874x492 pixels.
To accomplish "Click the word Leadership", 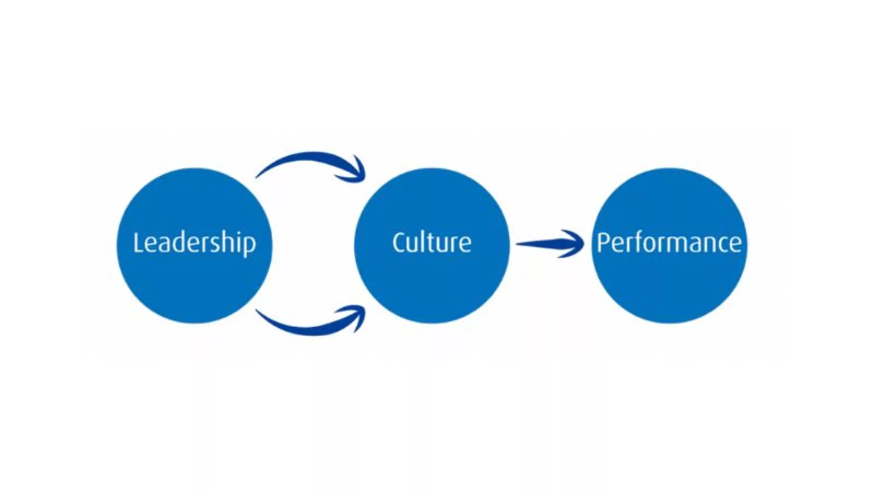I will (194, 242).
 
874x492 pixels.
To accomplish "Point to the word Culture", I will (432, 242).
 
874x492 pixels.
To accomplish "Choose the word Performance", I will (669, 242).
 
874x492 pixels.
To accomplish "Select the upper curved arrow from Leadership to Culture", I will (306, 160).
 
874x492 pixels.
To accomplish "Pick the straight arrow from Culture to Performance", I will (541, 243).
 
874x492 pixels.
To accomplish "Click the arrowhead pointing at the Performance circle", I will (574, 243).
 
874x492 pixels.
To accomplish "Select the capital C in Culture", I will (399, 242).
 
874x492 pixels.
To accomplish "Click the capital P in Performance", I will (603, 242).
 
